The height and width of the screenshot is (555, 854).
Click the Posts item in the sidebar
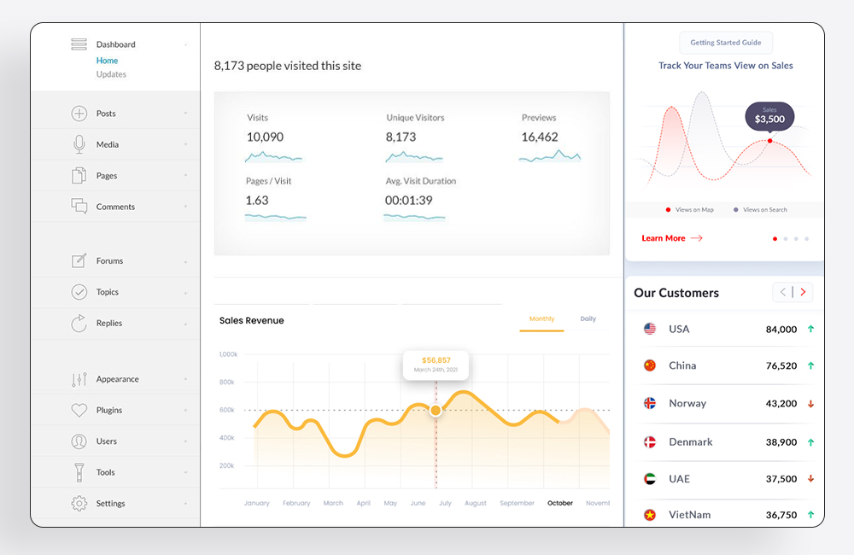106,114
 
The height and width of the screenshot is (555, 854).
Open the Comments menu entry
115,207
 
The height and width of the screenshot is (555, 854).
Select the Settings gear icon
79,504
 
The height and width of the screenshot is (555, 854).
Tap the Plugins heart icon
79,411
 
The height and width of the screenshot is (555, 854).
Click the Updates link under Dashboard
111,74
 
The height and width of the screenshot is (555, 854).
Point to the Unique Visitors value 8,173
401,137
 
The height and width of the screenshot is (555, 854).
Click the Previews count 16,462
539,137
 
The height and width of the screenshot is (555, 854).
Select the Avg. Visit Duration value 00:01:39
408,200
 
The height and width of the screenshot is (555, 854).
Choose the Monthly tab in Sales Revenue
541,319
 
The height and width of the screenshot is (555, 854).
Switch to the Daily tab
588,319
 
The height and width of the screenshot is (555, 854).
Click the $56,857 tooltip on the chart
436,364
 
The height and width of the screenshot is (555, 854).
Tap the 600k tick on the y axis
227,410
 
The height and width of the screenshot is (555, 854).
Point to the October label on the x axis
560,504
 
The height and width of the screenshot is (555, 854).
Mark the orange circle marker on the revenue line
436,411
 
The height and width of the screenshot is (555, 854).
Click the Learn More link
664,238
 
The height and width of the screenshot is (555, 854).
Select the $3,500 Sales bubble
769,116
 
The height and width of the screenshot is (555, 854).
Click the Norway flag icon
650,403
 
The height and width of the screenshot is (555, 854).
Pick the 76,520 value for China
781,365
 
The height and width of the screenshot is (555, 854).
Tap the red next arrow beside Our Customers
802,293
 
